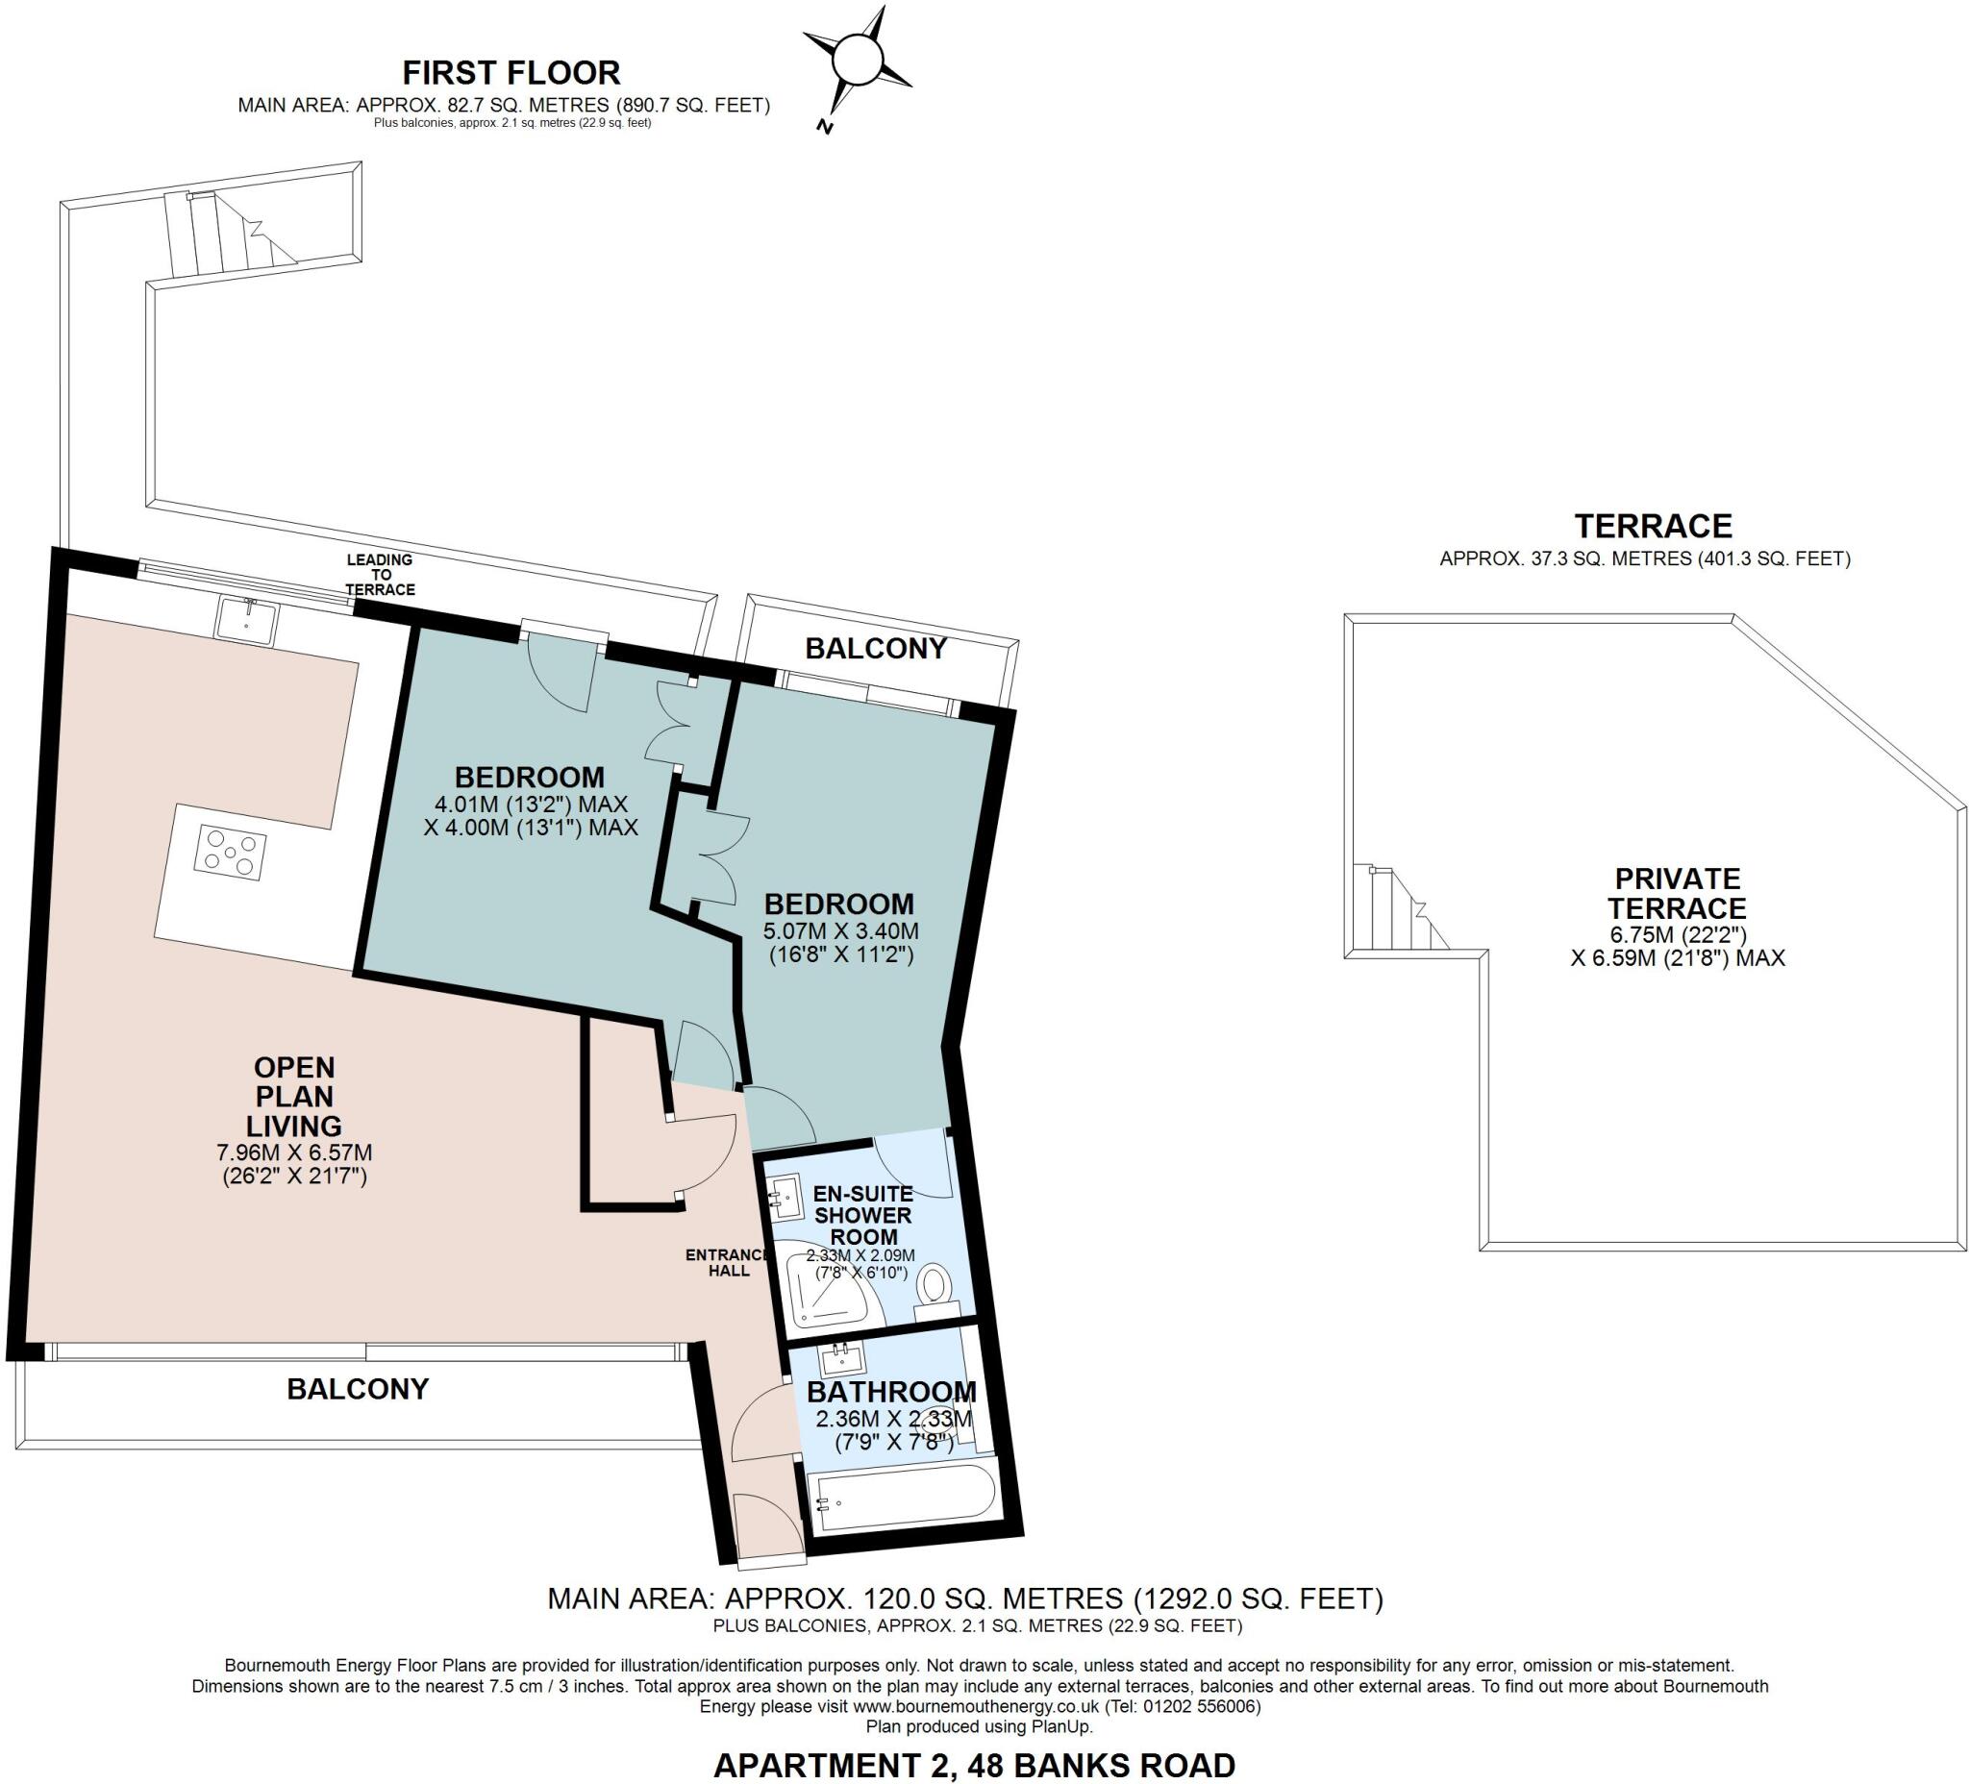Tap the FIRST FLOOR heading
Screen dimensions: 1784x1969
click(511, 72)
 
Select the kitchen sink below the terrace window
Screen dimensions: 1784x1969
click(247, 619)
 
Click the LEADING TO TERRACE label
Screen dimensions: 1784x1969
click(380, 574)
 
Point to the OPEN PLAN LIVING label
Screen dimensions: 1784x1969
click(293, 1096)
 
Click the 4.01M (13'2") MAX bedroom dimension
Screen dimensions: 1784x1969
click(531, 804)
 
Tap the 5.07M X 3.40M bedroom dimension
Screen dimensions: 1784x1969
click(840, 930)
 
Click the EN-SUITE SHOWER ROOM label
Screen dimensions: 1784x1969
click(862, 1215)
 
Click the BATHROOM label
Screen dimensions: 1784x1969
click(890, 1392)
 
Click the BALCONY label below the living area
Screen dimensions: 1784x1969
click(358, 1389)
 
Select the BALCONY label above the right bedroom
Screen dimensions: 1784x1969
click(875, 649)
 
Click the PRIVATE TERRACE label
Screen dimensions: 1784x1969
click(1677, 893)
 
